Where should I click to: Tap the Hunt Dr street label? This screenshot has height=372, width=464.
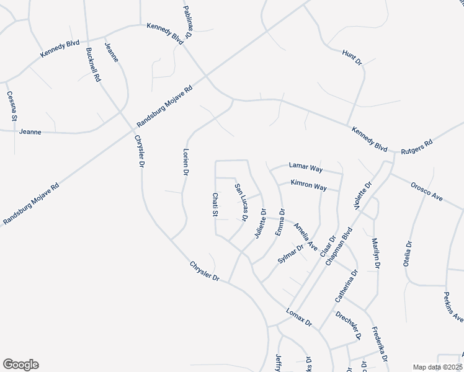click(x=352, y=56)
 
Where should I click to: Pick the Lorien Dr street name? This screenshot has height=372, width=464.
click(x=185, y=162)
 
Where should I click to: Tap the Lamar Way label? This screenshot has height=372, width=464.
click(x=306, y=167)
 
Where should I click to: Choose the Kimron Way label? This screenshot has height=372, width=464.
click(x=309, y=185)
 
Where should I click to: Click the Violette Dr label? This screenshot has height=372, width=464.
click(x=363, y=196)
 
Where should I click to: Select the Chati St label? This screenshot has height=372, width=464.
click(x=215, y=205)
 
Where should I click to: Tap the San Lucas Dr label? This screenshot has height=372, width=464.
click(x=241, y=202)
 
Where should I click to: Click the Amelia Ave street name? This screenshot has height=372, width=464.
click(x=306, y=236)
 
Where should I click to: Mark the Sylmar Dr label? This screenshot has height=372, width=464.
click(x=290, y=255)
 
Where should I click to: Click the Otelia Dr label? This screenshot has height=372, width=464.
click(x=408, y=252)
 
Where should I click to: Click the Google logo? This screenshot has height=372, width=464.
click(x=20, y=365)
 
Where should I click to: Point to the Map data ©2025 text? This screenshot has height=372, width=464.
click(x=437, y=367)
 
